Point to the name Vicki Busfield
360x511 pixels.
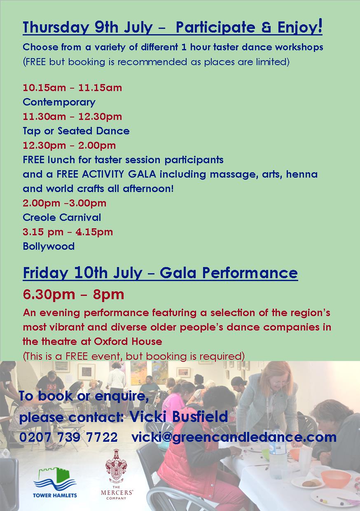179,416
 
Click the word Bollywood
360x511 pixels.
49,246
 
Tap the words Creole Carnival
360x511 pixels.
62,218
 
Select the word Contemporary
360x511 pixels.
59,103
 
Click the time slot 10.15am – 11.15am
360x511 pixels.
72,88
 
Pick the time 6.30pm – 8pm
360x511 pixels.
73,295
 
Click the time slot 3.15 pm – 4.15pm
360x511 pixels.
68,232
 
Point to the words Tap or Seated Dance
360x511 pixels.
76,131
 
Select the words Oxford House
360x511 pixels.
128,342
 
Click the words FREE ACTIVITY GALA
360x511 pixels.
106,174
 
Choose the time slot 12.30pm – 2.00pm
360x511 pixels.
69,145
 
